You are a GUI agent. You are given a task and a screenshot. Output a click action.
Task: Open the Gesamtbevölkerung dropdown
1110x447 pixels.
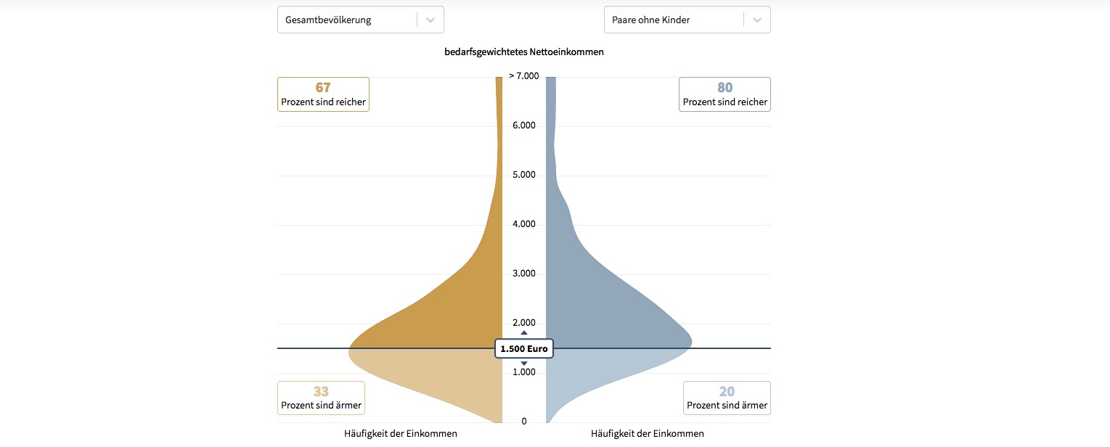(x=360, y=20)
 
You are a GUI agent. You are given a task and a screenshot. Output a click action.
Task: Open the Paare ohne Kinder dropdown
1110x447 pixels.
(x=687, y=20)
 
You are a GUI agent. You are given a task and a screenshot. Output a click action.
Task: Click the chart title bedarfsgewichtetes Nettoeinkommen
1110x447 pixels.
(x=524, y=52)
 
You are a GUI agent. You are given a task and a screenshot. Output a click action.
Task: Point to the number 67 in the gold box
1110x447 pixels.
(x=323, y=88)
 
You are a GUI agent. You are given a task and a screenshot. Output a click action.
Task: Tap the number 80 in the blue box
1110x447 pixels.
(x=725, y=88)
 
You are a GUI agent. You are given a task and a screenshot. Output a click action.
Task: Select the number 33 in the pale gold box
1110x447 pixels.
(x=321, y=392)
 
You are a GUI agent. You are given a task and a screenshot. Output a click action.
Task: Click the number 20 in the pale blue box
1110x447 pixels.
(x=727, y=392)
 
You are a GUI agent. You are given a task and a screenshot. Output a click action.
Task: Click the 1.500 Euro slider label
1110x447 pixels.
(x=524, y=349)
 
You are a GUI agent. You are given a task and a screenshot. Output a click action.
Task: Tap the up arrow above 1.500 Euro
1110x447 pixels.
(x=524, y=333)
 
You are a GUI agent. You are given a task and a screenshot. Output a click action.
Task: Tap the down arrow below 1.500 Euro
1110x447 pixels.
(x=524, y=363)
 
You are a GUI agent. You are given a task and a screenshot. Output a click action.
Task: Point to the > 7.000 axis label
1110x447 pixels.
(x=524, y=76)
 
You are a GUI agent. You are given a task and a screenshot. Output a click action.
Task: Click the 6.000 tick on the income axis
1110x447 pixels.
(x=523, y=126)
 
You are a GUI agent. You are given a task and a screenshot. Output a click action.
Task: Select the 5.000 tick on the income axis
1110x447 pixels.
(x=523, y=175)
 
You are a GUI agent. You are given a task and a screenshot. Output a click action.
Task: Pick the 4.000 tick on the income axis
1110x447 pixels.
(x=523, y=224)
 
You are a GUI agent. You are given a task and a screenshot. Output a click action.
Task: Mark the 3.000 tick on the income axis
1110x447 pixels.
(x=523, y=274)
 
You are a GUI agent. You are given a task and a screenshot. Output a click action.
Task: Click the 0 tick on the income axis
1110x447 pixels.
(x=524, y=422)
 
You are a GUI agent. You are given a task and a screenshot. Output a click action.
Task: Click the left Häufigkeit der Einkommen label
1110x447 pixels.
(x=401, y=434)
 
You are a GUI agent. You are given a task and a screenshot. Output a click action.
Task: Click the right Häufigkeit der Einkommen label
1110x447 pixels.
(x=648, y=434)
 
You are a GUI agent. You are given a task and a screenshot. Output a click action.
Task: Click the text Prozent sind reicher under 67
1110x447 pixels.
(x=323, y=102)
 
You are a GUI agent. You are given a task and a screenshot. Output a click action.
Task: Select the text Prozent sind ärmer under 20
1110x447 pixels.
(x=727, y=406)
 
